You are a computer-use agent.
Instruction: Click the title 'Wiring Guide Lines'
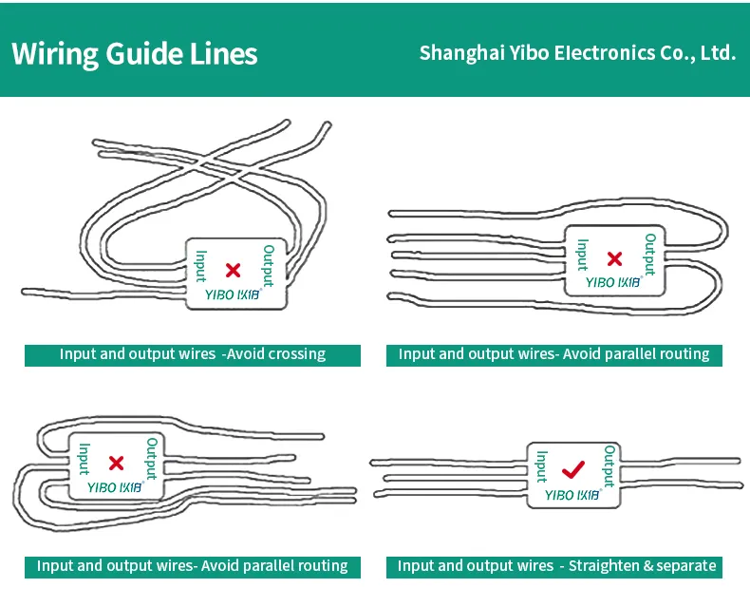click(134, 52)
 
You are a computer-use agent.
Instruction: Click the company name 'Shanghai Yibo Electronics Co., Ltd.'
click(577, 52)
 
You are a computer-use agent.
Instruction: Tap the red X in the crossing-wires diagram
click(233, 270)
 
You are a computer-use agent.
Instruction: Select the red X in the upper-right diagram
click(614, 258)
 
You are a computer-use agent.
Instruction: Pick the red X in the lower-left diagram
click(117, 463)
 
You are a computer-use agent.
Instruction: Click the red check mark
click(572, 469)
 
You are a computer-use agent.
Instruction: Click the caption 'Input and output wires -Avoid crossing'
click(193, 354)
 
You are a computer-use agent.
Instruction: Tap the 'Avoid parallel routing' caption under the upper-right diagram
click(553, 354)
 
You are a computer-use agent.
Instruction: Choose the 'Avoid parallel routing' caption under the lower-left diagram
click(193, 566)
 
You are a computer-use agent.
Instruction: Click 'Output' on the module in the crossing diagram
click(269, 265)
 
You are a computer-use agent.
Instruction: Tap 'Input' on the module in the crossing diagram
click(200, 266)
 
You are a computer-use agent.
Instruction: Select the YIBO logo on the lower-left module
click(115, 487)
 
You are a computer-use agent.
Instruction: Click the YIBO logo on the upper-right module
click(612, 282)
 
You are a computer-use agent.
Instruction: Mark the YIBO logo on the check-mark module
click(572, 494)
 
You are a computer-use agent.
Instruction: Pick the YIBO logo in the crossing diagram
click(233, 294)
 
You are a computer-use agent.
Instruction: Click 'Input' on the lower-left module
click(84, 460)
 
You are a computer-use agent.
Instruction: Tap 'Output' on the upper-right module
click(650, 254)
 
